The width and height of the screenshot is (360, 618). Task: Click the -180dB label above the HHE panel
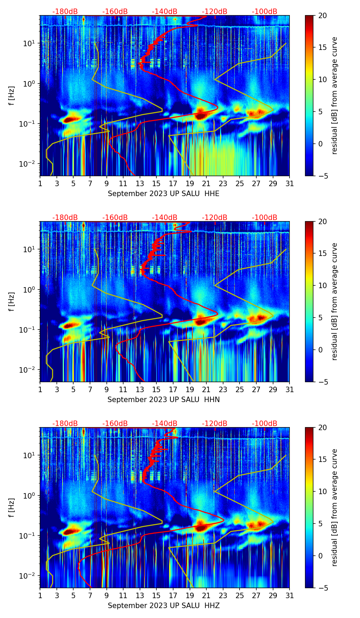point(65,12)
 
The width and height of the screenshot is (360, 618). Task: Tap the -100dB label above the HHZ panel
point(265,424)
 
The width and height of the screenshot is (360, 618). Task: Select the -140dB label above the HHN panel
point(165,218)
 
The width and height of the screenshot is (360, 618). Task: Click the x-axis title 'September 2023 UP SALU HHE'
point(164,194)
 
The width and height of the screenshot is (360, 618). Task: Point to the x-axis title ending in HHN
point(164,400)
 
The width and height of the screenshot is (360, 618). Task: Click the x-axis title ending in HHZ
point(164,606)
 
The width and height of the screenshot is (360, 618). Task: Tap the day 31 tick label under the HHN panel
point(290,389)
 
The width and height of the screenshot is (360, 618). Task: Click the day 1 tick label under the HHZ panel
point(40,595)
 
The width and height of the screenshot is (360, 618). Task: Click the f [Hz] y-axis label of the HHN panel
point(12,301)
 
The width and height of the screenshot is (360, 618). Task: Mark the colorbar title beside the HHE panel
point(334,95)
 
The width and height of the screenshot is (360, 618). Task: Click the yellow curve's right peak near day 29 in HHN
point(273,316)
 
